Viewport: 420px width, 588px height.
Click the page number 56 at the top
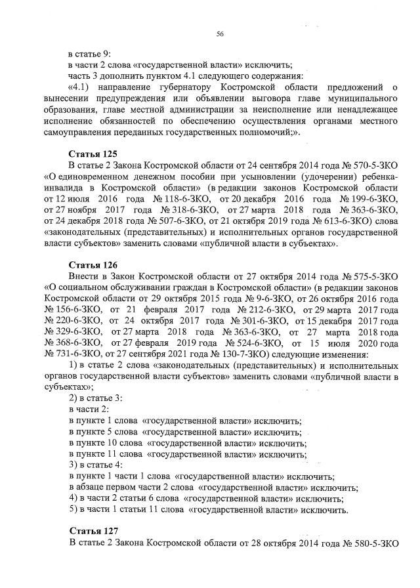220,35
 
